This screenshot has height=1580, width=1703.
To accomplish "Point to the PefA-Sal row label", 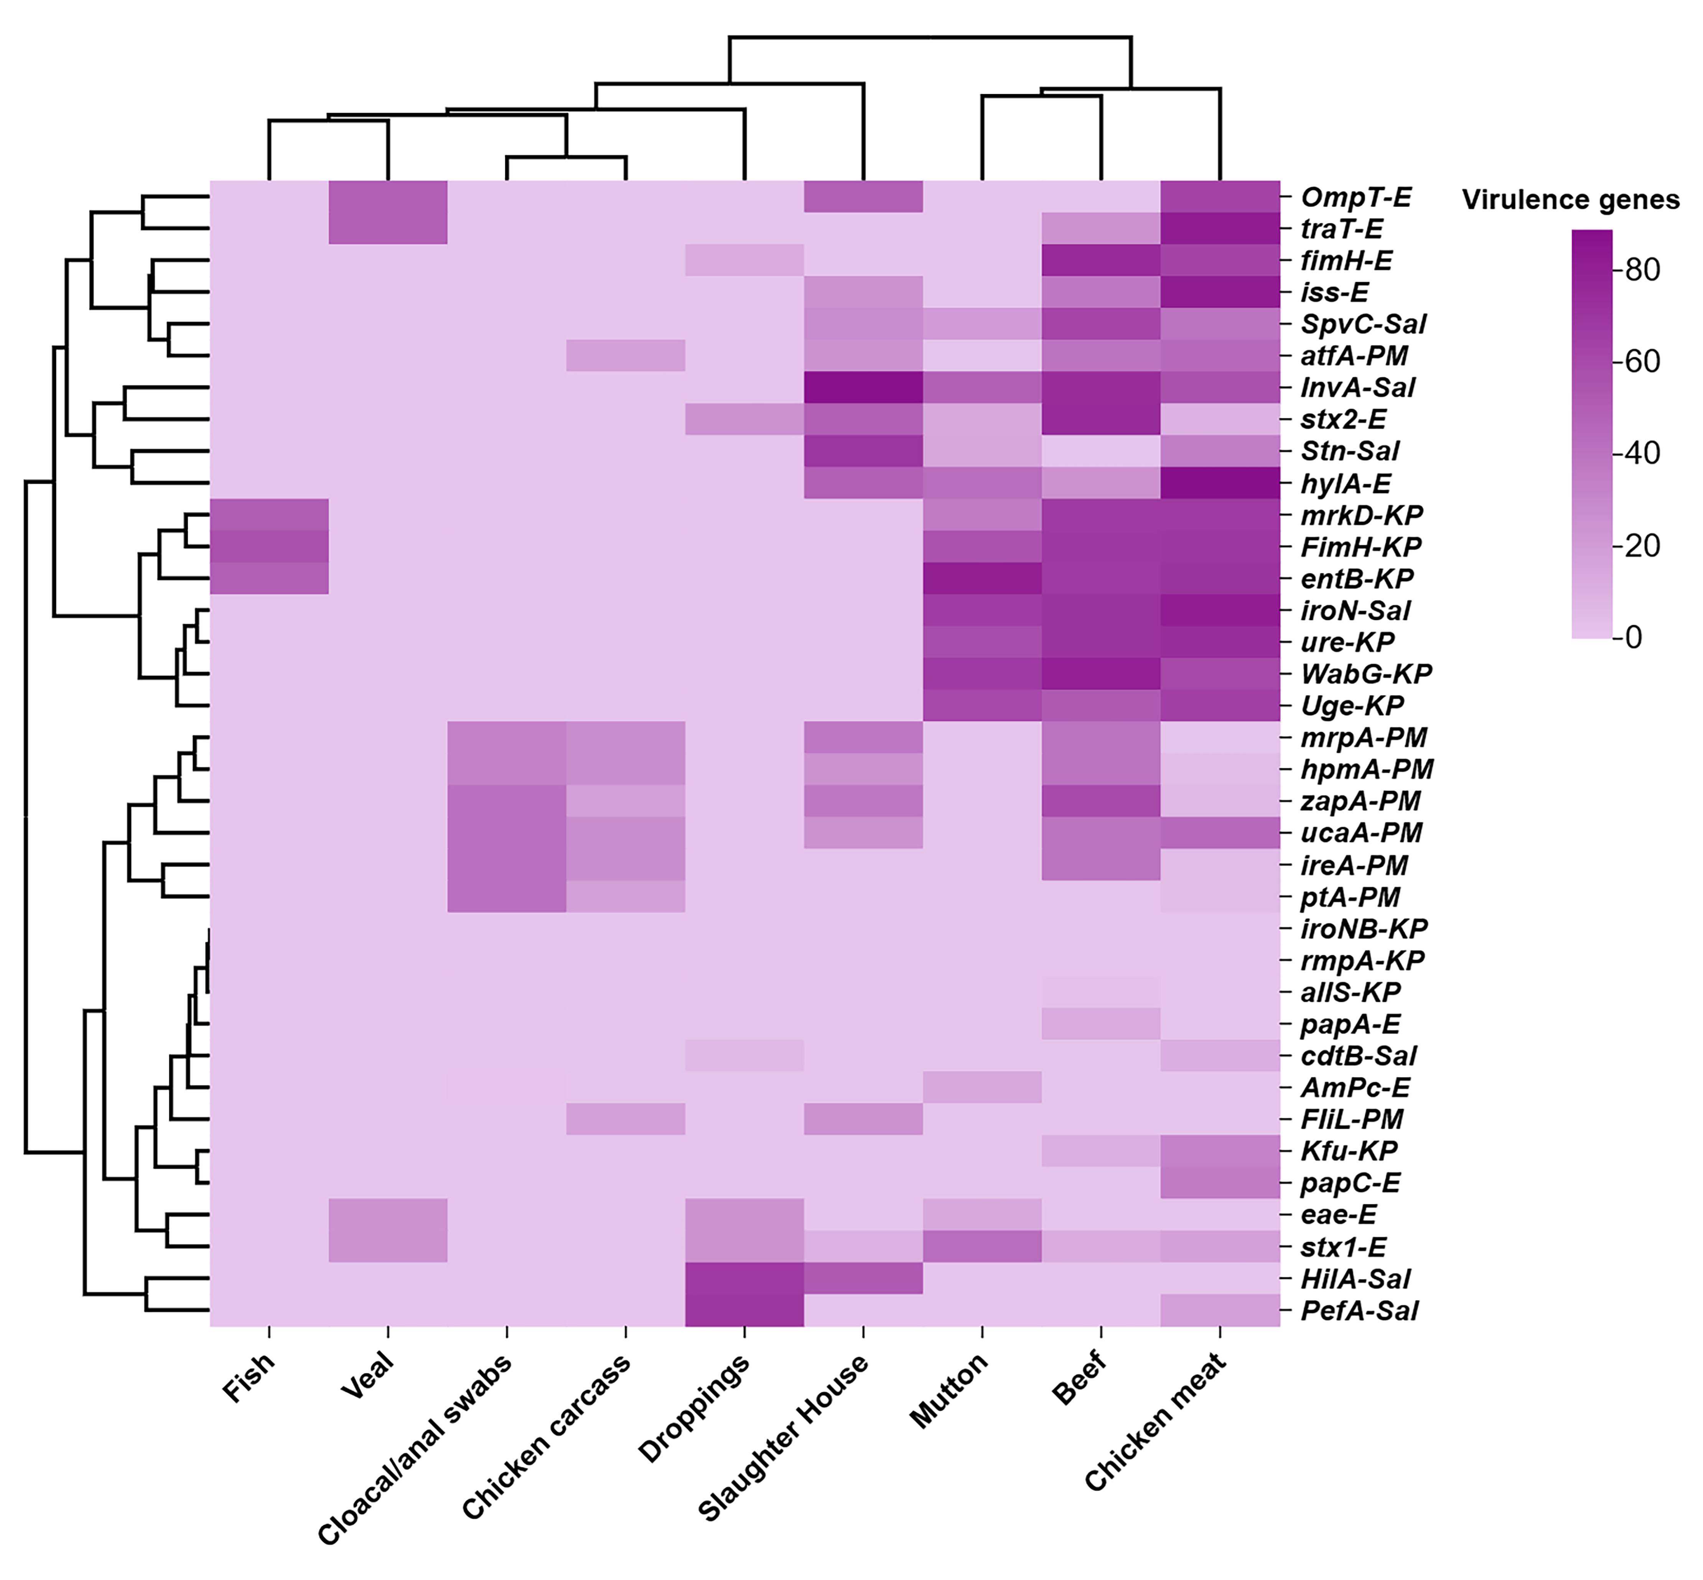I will point(1359,1311).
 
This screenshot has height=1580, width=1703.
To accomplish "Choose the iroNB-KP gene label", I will point(1364,929).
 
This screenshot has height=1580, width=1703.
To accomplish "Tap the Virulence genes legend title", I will point(1571,200).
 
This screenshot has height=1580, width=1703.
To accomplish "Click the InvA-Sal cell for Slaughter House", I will point(863,388).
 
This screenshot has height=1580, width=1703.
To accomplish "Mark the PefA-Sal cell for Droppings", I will point(744,1311).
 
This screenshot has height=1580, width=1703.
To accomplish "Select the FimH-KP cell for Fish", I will point(269,547).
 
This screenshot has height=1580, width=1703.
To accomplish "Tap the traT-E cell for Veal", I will point(388,229).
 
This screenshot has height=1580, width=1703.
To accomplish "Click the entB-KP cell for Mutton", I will point(982,579).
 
